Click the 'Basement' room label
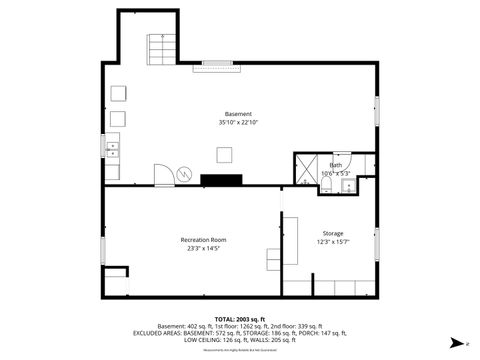[238, 114]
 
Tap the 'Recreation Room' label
[203, 240]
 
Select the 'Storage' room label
[332, 233]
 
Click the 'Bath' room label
[336, 165]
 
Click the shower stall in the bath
[307, 168]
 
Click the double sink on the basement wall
[112, 151]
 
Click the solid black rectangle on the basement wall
[221, 180]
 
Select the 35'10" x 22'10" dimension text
[238, 123]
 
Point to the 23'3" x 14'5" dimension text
[203, 249]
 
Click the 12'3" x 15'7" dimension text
[332, 242]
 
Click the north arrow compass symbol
[456, 343]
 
